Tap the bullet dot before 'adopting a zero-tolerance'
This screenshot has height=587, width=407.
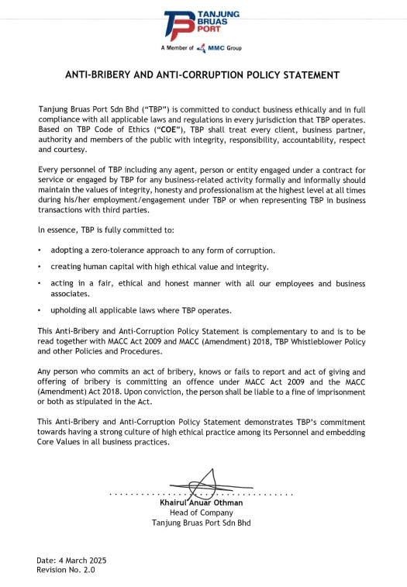[x=40, y=250]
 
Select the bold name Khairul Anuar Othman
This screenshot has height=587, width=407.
[x=201, y=502]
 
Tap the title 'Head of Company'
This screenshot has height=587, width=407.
[x=201, y=513]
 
